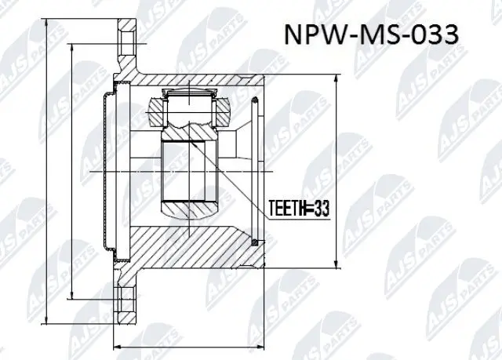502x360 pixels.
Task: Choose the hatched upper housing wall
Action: (196, 80)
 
